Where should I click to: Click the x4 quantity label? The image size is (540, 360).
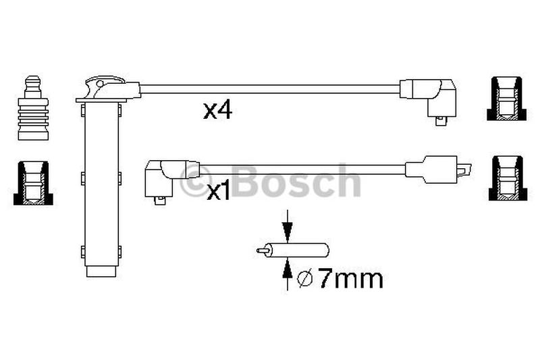(x=217, y=111)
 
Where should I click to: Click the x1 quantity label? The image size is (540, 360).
(x=218, y=192)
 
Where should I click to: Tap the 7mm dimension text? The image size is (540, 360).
(x=350, y=278)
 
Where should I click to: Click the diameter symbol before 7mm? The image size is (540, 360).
(x=305, y=278)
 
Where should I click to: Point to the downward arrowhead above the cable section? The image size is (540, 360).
(x=288, y=230)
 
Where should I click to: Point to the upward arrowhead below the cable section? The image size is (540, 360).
(x=288, y=269)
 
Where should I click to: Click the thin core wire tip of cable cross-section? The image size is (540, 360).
(x=262, y=251)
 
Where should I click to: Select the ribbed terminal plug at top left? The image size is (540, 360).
(x=33, y=108)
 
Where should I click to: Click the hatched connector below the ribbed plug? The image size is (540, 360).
(x=33, y=182)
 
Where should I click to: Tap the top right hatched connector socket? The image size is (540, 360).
(x=507, y=99)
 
